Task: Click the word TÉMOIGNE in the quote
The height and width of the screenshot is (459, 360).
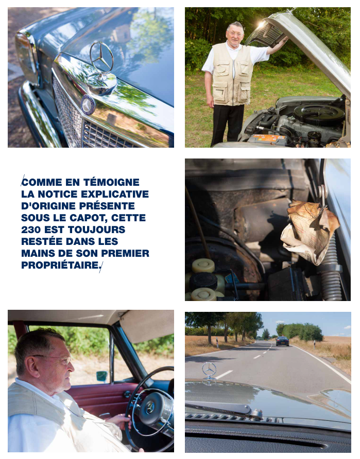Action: click(x=111, y=182)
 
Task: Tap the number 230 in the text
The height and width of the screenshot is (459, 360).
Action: click(x=31, y=229)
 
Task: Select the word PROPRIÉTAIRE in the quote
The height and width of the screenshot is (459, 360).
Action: click(x=60, y=265)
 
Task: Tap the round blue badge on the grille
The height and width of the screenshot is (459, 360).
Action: click(x=87, y=105)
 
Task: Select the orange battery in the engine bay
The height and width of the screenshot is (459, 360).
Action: click(x=267, y=139)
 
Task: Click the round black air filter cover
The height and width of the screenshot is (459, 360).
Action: click(x=319, y=114)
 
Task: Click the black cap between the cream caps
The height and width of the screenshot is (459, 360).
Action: click(x=203, y=281)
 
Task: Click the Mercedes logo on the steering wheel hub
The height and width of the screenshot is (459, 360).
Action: click(x=150, y=408)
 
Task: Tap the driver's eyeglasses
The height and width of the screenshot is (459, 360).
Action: click(x=56, y=359)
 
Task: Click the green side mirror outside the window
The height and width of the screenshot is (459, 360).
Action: click(x=101, y=377)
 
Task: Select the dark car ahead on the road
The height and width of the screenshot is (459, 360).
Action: click(x=282, y=341)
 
